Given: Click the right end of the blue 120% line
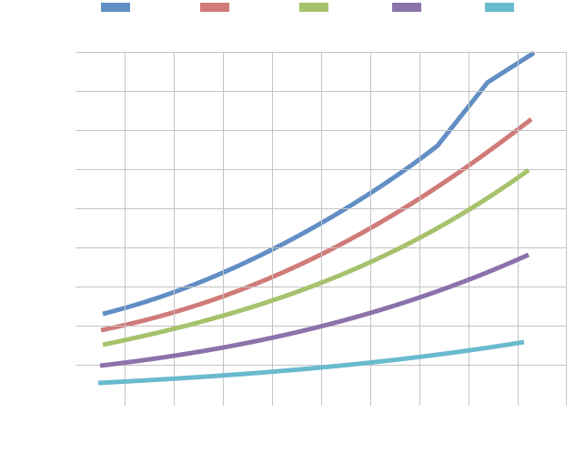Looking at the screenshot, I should pos(533,54).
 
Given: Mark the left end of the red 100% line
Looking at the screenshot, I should pos(104,330).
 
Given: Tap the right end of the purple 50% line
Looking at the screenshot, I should pos(527,256).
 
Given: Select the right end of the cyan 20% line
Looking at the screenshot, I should pos(522,342).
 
